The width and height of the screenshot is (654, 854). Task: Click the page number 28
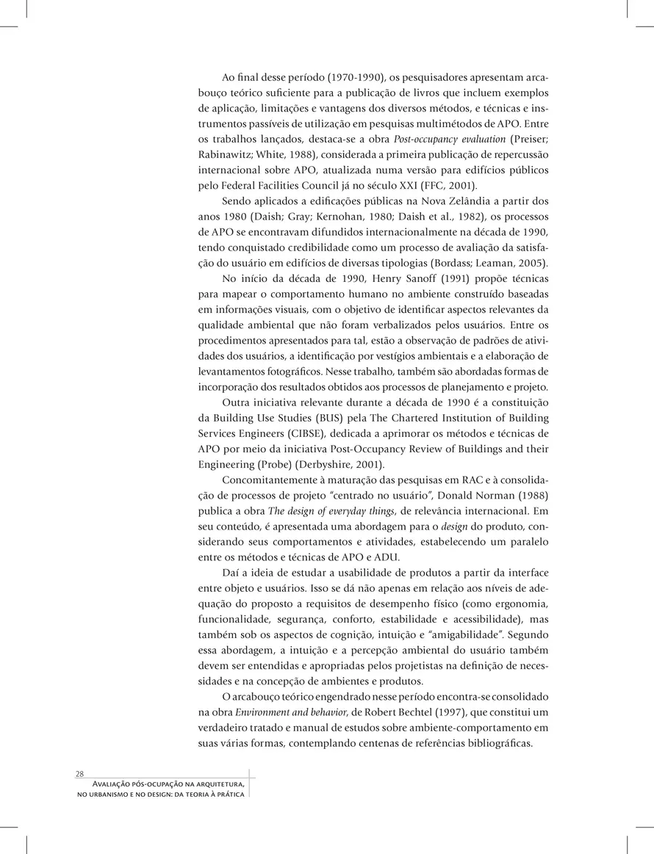[x=79, y=774]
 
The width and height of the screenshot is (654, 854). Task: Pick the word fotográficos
[x=291, y=372]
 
